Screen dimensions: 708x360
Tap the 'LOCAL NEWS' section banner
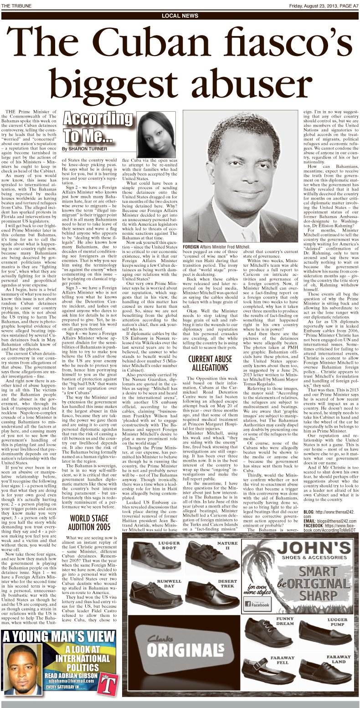point(180,16)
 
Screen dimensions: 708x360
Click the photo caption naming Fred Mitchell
point(216,246)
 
